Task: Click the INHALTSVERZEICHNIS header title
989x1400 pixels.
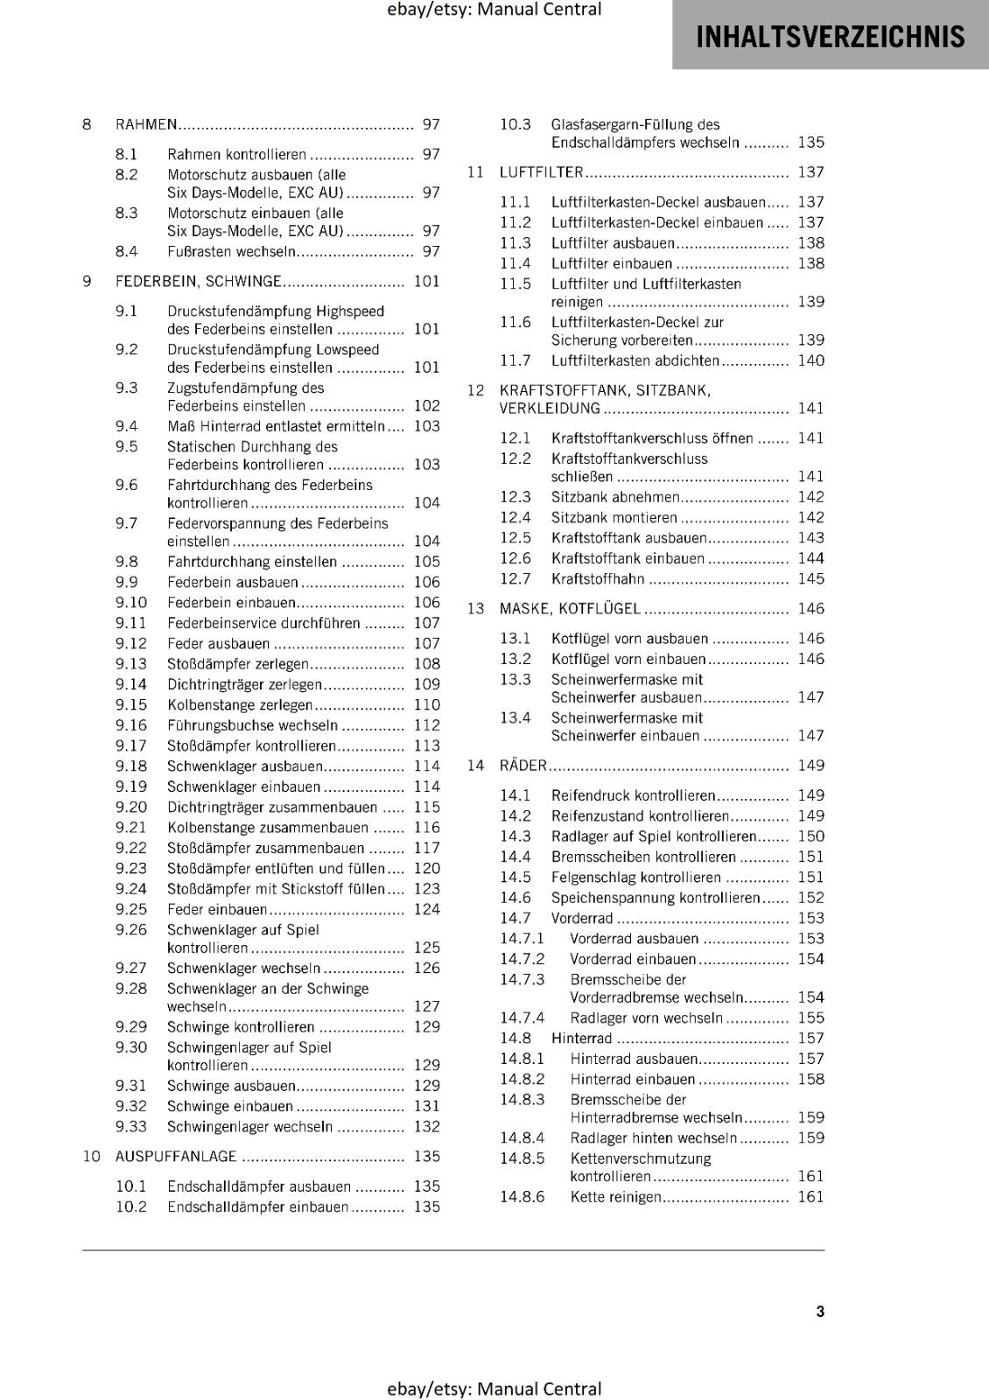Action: [830, 37]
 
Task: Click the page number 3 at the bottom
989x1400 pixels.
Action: [820, 1311]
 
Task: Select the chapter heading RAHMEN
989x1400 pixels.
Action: [146, 125]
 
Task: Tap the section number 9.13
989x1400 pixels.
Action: [131, 664]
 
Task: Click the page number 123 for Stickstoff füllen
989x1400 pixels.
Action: [427, 889]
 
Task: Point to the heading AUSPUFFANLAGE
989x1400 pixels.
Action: [176, 1157]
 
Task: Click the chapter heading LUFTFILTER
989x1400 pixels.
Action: [541, 172]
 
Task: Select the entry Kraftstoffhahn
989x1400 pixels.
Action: [598, 579]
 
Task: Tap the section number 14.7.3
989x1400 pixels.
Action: [522, 980]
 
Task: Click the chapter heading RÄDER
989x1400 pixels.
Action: [523, 766]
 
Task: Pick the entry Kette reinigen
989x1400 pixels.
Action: [615, 1197]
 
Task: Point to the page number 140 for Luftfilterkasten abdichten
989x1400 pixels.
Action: [810, 360]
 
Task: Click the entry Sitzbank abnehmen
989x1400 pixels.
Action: [615, 497]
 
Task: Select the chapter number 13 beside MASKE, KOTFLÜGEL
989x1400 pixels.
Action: [475, 609]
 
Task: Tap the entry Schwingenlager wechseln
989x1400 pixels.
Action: [249, 1127]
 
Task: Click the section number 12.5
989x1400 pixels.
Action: [516, 538]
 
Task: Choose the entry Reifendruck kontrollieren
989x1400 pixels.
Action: [633, 795]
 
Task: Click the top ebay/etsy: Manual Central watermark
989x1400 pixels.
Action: [494, 10]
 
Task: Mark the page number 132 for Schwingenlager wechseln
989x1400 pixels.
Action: [427, 1127]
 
